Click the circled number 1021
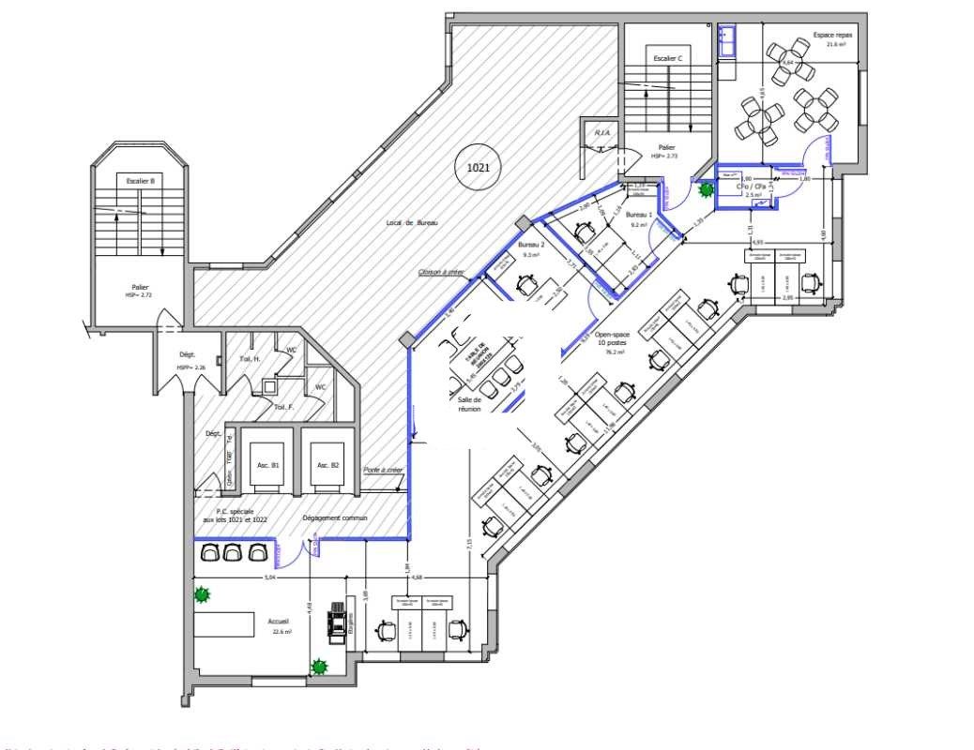[x=478, y=168]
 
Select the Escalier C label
[x=667, y=58]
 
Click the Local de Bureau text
[x=412, y=223]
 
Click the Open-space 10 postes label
[x=613, y=340]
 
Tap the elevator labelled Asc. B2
[x=327, y=465]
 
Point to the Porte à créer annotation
[x=383, y=470]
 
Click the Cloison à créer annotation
[x=442, y=272]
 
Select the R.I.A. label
[x=601, y=133]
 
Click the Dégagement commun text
[x=335, y=518]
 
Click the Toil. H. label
[x=249, y=359]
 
